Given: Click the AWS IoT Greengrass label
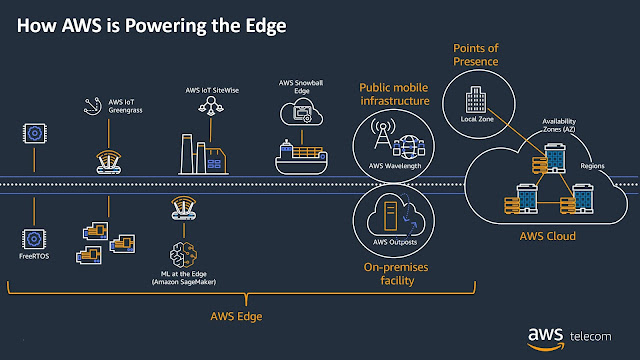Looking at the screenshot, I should [106, 108].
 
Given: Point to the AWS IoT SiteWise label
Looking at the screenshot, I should [213, 90].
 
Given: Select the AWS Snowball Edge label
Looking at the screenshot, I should [299, 87].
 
